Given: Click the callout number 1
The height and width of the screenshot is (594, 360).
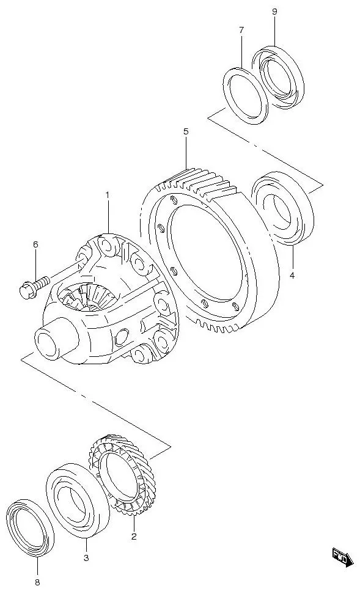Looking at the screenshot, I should click(108, 195).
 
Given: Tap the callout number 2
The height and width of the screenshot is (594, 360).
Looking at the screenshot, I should click(134, 537).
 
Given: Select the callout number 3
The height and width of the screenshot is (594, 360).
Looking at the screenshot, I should click(86, 557).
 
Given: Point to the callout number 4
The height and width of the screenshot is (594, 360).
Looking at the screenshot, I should click(292, 276).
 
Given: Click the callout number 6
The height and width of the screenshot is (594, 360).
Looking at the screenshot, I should click(35, 244).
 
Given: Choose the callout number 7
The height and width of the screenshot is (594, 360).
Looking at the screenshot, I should click(241, 30).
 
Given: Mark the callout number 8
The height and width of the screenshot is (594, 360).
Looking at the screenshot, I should click(37, 582).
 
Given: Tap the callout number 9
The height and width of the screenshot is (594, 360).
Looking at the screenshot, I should click(274, 12).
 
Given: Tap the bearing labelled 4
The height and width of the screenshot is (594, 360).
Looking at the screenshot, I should click(282, 208).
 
